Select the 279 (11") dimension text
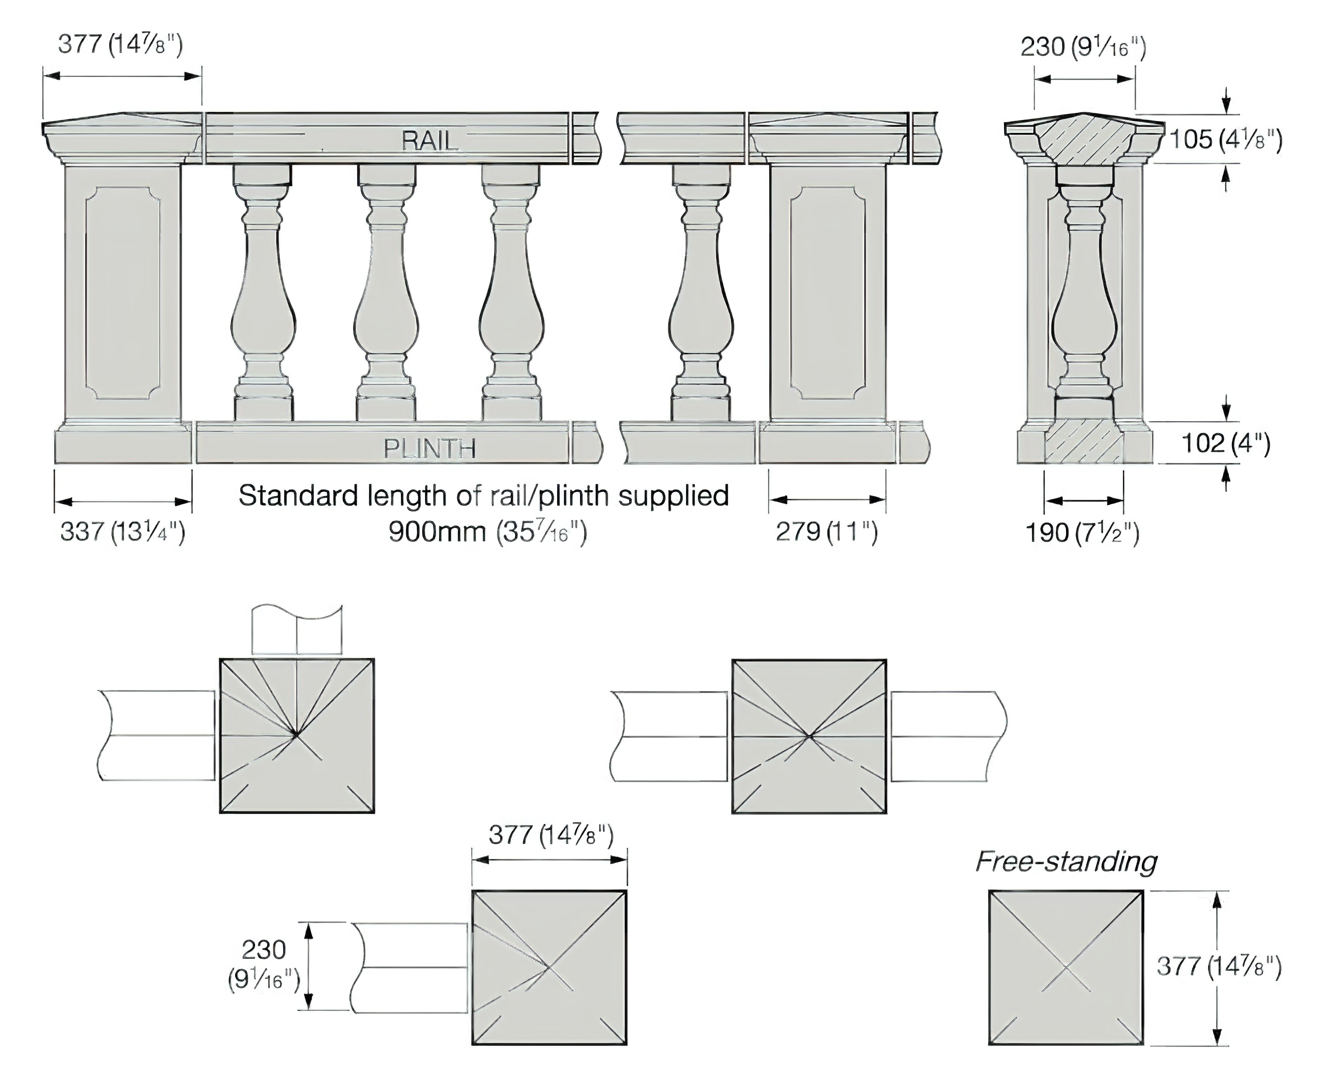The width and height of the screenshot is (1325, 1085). (826, 532)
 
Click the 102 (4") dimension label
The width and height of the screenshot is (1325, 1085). (1225, 443)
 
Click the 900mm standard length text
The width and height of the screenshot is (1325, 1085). (488, 532)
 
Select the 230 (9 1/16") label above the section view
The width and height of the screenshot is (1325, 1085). (1083, 47)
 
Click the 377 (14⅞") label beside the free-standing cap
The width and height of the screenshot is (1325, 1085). (1219, 966)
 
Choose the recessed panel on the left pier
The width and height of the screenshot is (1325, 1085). (123, 292)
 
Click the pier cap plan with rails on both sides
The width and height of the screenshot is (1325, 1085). (809, 736)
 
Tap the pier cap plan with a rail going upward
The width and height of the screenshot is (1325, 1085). (297, 736)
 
